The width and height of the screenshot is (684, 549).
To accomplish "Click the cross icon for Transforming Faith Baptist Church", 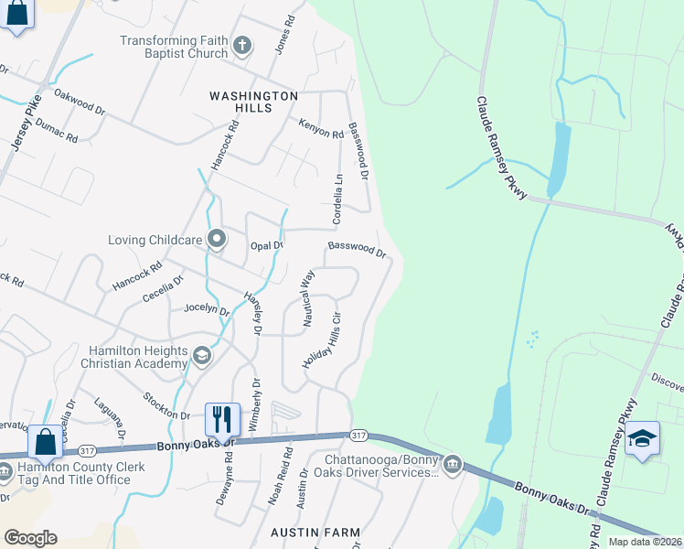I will coord(242,46).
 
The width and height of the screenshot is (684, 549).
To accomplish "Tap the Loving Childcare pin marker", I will coord(217,240).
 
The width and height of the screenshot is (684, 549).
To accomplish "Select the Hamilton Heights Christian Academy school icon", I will coord(202,354).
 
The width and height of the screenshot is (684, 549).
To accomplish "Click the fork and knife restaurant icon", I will coord(221,419).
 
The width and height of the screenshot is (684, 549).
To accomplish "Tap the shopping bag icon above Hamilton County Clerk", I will coord(45,442).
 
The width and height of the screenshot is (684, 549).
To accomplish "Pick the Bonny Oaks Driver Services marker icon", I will coord(453,466).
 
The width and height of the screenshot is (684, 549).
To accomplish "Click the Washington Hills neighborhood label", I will coord(253,102).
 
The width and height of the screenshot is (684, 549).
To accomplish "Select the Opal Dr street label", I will coord(267,246).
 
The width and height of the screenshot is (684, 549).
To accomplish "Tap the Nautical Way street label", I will coord(307,292).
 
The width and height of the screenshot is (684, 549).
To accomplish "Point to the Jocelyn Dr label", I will coord(207,309).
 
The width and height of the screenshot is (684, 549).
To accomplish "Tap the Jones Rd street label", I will coord(285,34).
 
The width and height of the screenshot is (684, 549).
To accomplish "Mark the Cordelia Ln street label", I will coord(337,200).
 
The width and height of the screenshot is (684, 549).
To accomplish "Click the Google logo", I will coord(30,538).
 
